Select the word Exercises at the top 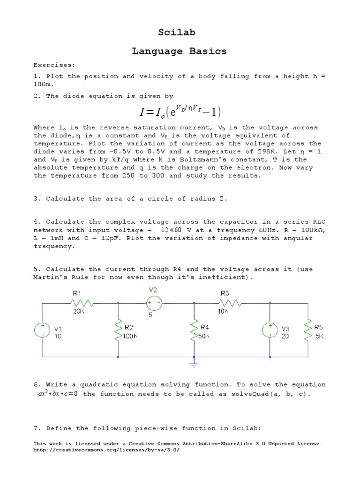54,65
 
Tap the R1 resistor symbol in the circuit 85,303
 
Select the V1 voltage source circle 42,330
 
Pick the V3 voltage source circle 270,330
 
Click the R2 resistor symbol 118,330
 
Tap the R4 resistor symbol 194,330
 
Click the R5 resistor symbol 308,330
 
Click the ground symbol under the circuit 194,362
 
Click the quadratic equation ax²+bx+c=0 57,394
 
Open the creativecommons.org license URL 106,450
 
